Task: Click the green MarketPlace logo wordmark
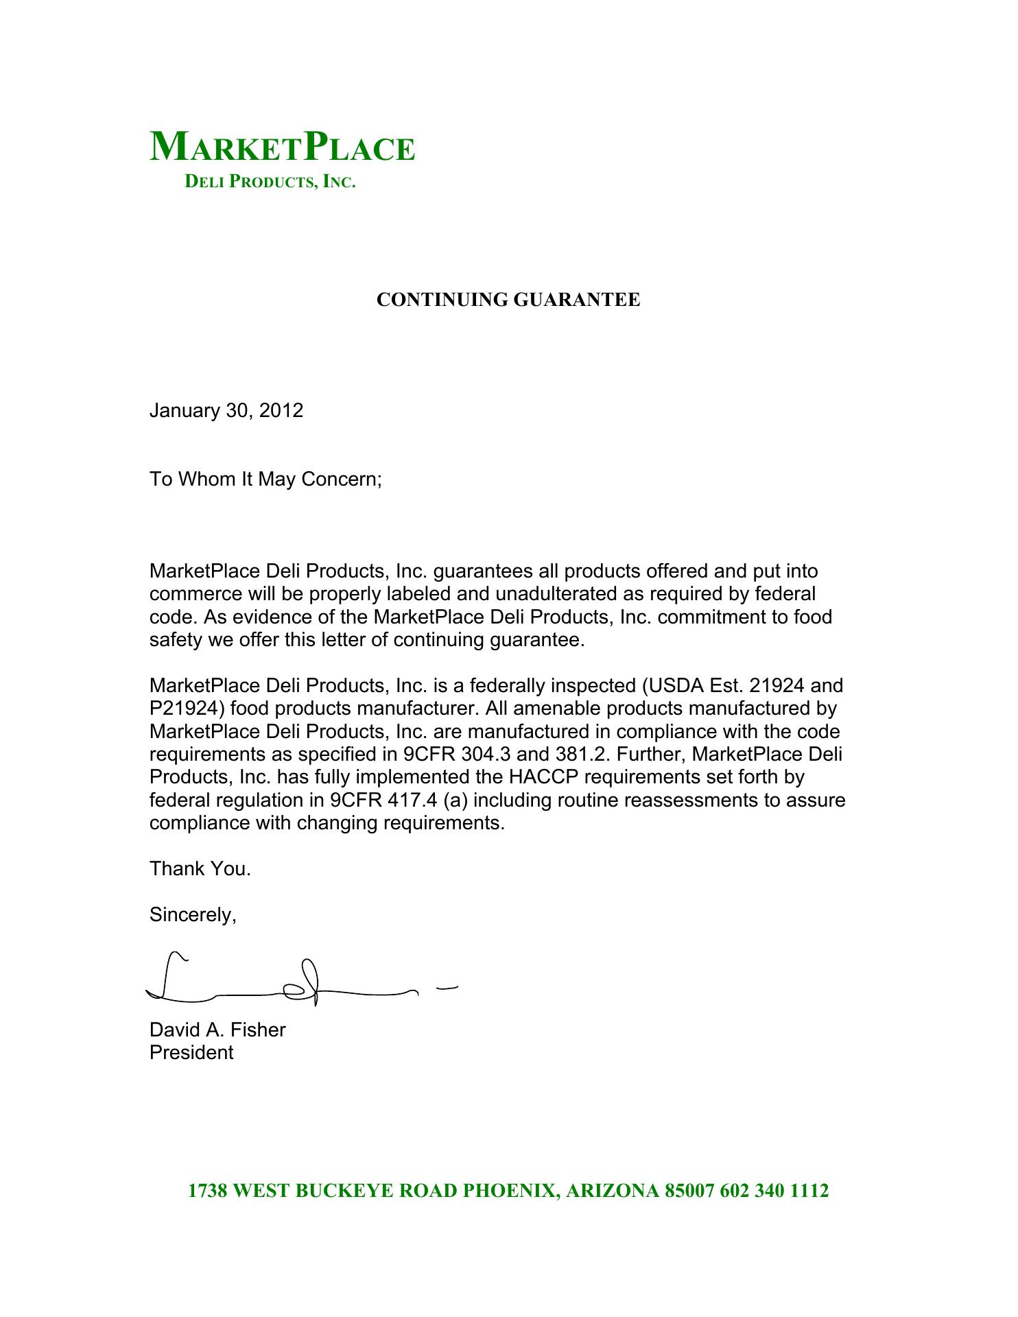282,147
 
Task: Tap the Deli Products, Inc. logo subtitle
270,182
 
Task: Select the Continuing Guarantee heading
508,300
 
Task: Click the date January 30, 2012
226,411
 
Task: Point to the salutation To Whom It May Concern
265,479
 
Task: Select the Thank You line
200,869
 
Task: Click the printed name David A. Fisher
217,1030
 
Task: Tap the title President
191,1053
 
